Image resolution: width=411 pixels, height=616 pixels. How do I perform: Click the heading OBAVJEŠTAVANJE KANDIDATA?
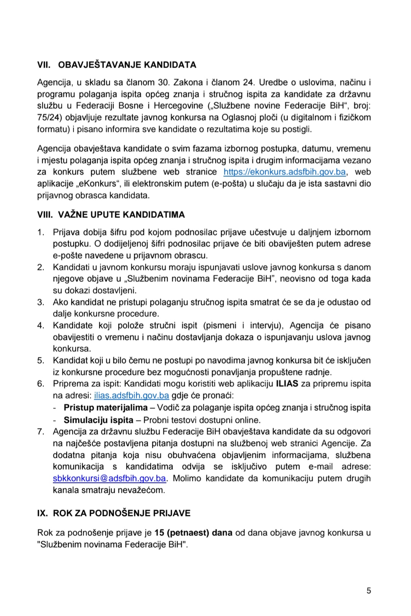click(x=127, y=65)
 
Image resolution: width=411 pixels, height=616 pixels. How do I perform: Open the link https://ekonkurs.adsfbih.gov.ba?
click(x=285, y=172)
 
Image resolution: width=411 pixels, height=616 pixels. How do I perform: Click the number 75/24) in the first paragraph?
click(x=50, y=117)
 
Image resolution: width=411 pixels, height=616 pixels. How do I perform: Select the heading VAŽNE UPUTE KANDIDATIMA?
click(x=121, y=214)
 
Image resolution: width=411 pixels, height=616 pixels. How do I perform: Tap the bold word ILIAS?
click(x=287, y=384)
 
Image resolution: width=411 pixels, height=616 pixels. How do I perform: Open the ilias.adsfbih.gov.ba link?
click(x=131, y=395)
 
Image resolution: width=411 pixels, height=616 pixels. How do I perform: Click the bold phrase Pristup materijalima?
click(x=105, y=408)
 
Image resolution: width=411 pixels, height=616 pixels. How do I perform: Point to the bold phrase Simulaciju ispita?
click(x=99, y=420)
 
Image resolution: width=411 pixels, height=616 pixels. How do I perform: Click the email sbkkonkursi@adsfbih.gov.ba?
click(x=110, y=478)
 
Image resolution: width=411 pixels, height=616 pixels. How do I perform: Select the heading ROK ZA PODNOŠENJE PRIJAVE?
click(x=121, y=513)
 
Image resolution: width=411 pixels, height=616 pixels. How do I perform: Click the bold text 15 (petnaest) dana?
click(x=193, y=533)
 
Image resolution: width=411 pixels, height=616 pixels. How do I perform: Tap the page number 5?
click(x=368, y=591)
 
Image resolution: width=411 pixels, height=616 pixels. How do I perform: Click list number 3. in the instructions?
click(x=41, y=302)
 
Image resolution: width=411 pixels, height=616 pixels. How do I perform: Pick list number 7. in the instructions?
click(x=41, y=432)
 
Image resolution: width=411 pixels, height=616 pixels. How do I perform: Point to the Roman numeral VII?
click(x=44, y=65)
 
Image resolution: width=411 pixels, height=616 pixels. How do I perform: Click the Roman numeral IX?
click(x=42, y=513)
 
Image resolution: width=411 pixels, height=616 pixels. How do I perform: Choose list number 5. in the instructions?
click(x=41, y=360)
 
